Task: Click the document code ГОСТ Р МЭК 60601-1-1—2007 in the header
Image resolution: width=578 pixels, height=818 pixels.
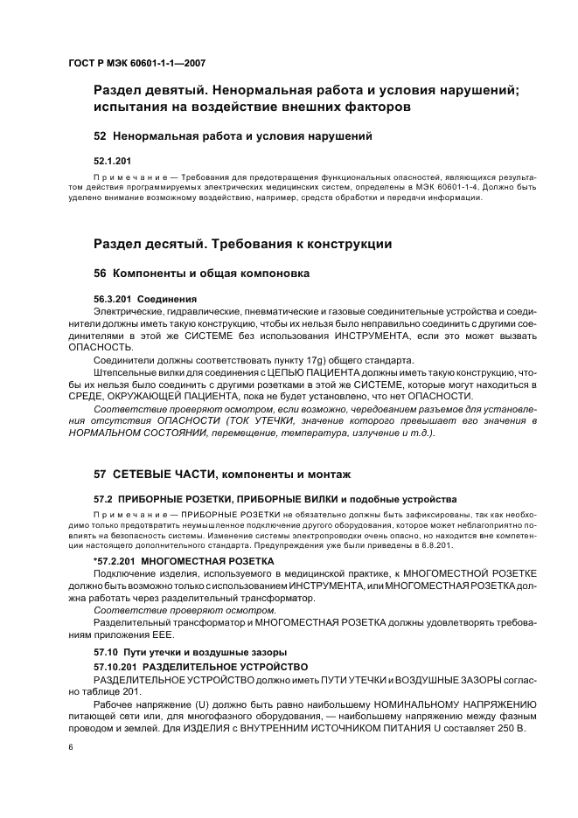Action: pos(136,63)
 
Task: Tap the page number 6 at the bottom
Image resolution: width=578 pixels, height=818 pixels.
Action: pos(70,747)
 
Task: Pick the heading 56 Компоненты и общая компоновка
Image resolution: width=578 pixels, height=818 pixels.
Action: pos(201,273)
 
